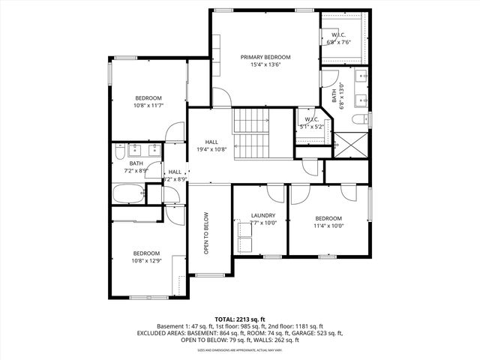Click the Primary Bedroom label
click(x=265, y=57)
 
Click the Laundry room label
click(x=262, y=215)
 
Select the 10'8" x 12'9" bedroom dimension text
click(x=146, y=261)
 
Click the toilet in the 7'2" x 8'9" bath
click(x=120, y=154)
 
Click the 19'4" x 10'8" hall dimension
click(x=211, y=148)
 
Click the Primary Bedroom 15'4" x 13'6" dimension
click(x=265, y=64)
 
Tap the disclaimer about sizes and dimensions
click(x=239, y=349)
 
